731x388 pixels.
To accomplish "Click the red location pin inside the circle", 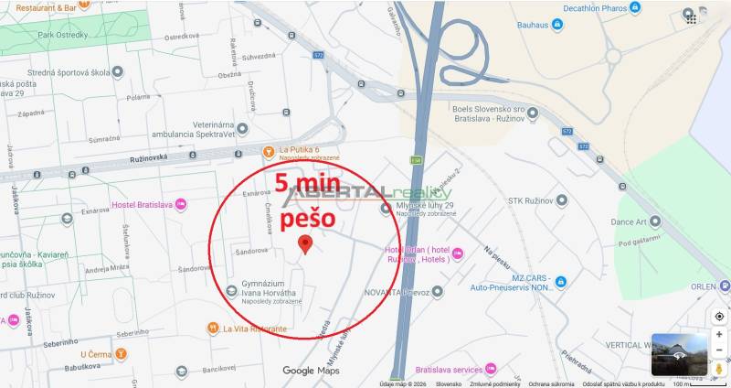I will click(306, 243).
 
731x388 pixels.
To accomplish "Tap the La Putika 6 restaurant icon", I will click(269, 151).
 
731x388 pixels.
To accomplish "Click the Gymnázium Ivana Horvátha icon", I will click(231, 291).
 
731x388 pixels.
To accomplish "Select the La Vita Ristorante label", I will click(255, 328).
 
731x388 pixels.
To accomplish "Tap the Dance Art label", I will click(629, 221).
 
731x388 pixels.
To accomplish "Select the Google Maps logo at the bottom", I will click(311, 371).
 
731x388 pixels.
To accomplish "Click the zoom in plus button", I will click(719, 334).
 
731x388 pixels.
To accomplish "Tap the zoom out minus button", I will click(719, 351).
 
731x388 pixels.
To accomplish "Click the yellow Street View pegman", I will click(719, 369).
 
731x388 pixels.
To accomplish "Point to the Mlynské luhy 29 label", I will click(424, 205).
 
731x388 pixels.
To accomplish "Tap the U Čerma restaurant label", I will click(95, 354).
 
